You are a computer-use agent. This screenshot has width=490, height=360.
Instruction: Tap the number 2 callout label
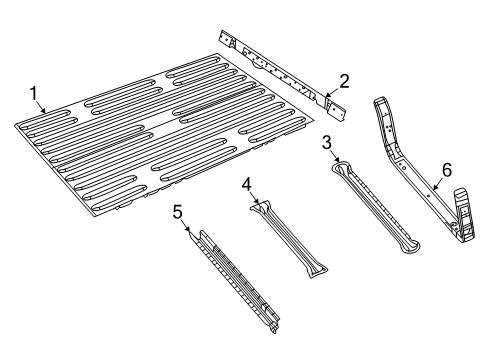coord(344,81)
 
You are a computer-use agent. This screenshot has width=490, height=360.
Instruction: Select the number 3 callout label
coord(327,143)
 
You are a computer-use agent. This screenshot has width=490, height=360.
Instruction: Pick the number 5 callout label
coord(177,211)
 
